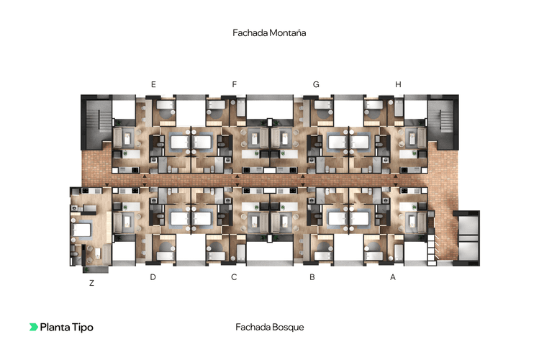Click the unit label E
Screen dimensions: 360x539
click(153, 85)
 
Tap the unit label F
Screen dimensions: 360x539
click(235, 85)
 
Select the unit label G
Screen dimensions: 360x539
click(316, 85)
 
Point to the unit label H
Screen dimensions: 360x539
click(398, 85)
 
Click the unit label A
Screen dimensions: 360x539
click(393, 276)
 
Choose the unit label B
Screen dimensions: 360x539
click(312, 276)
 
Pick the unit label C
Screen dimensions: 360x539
click(234, 276)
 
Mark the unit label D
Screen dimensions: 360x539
click(153, 276)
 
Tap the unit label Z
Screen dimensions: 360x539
click(91, 283)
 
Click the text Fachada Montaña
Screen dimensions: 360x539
click(270, 33)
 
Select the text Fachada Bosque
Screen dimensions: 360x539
click(270, 327)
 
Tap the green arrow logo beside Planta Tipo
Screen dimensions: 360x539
click(34, 327)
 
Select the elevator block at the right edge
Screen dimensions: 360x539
click(468, 235)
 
